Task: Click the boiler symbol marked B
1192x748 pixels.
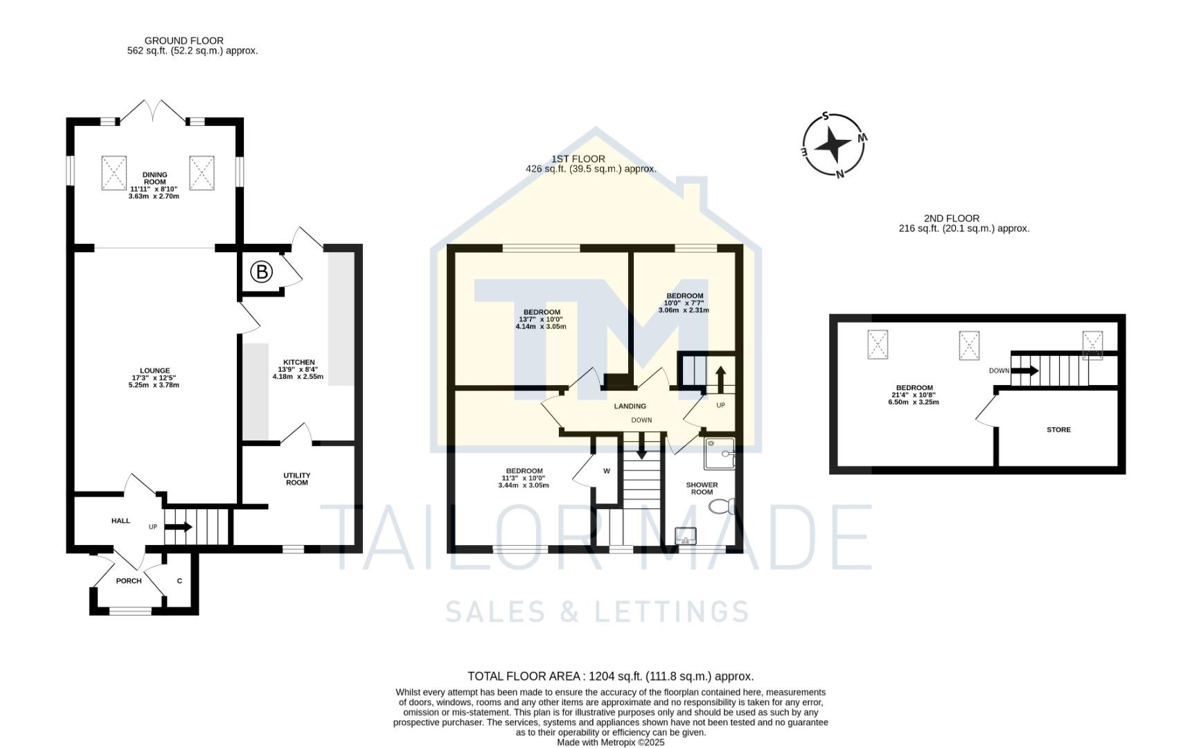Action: (262, 272)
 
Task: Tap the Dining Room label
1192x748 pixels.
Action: (154, 179)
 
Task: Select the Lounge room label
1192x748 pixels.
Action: (154, 371)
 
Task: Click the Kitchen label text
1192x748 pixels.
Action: (299, 362)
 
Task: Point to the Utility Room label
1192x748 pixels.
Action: (296, 479)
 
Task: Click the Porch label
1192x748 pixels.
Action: (129, 581)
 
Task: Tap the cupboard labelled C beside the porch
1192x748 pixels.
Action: (179, 581)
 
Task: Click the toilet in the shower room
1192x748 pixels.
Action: (722, 506)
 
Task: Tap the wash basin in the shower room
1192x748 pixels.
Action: (686, 535)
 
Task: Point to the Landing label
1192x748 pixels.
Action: (630, 407)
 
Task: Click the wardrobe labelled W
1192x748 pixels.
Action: (606, 472)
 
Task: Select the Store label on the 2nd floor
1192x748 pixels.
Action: (1058, 430)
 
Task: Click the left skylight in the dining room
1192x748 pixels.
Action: (114, 172)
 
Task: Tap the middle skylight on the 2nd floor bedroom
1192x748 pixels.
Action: (969, 345)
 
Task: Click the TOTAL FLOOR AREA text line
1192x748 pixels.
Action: (610, 677)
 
